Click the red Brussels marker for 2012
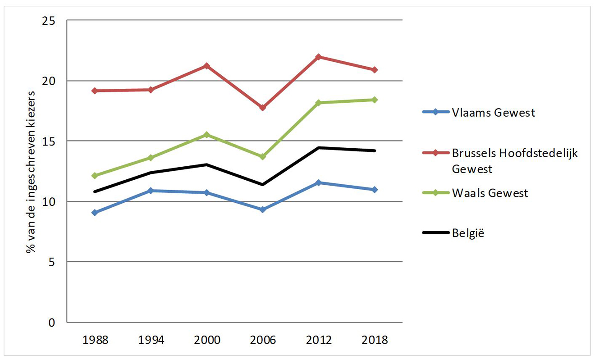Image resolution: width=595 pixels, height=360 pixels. click(319, 57)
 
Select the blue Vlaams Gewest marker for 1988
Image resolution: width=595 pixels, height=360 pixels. click(94, 212)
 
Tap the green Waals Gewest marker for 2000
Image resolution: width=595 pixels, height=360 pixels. click(206, 135)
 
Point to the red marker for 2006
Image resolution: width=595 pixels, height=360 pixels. click(262, 108)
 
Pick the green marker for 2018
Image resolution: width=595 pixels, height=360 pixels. click(375, 100)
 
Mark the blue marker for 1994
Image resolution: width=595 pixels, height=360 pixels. click(150, 191)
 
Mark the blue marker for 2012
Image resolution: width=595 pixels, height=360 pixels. click(319, 182)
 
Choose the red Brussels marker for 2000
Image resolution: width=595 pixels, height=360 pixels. click(206, 66)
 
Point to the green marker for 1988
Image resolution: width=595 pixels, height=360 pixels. click(94, 175)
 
